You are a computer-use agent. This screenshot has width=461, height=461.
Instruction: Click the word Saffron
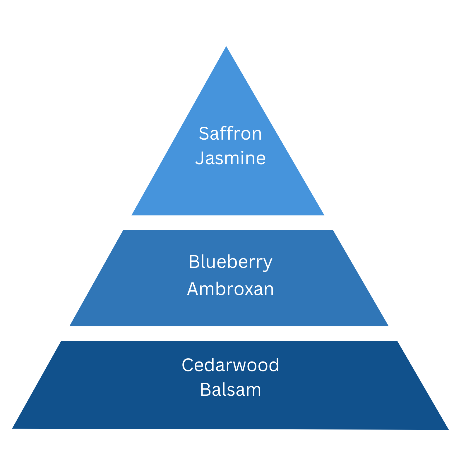pos(230,133)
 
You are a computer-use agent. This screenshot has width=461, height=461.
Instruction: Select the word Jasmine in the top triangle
pos(230,158)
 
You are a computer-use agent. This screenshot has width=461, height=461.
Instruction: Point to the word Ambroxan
pos(230,289)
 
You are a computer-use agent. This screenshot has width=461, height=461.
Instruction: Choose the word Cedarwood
pos(230,365)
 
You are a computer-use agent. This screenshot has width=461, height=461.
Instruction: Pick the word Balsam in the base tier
pos(230,390)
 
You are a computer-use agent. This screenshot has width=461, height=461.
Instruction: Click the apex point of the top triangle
pos(226,46)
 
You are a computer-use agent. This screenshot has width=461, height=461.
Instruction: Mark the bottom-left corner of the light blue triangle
pos(131,215)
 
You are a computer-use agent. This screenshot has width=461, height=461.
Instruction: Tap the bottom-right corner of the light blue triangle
pos(324,215)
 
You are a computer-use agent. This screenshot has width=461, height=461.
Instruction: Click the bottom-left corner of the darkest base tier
pos(12,429)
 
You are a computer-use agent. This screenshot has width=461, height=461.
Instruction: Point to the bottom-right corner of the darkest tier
pos(448,429)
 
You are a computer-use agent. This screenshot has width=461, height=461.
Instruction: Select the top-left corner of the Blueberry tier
pos(123,230)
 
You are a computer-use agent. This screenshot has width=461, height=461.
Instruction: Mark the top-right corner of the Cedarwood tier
pos(397,341)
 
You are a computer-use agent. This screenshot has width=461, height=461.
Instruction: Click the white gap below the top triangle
pos(228,223)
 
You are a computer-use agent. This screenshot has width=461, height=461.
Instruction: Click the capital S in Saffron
pos(204,133)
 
